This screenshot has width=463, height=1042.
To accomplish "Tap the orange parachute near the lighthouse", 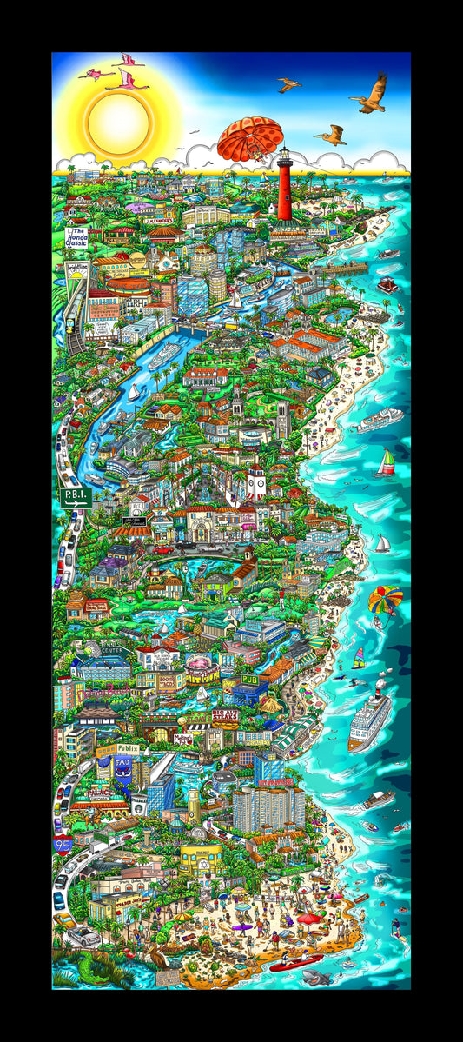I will [250, 137].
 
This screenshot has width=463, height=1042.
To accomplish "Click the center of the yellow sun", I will [119, 117].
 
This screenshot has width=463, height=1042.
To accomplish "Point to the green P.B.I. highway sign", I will [75, 498].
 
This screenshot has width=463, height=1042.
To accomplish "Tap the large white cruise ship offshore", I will [369, 721].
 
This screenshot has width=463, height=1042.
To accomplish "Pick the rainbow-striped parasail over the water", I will [386, 600].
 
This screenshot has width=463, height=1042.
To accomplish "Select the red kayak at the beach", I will [295, 962].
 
